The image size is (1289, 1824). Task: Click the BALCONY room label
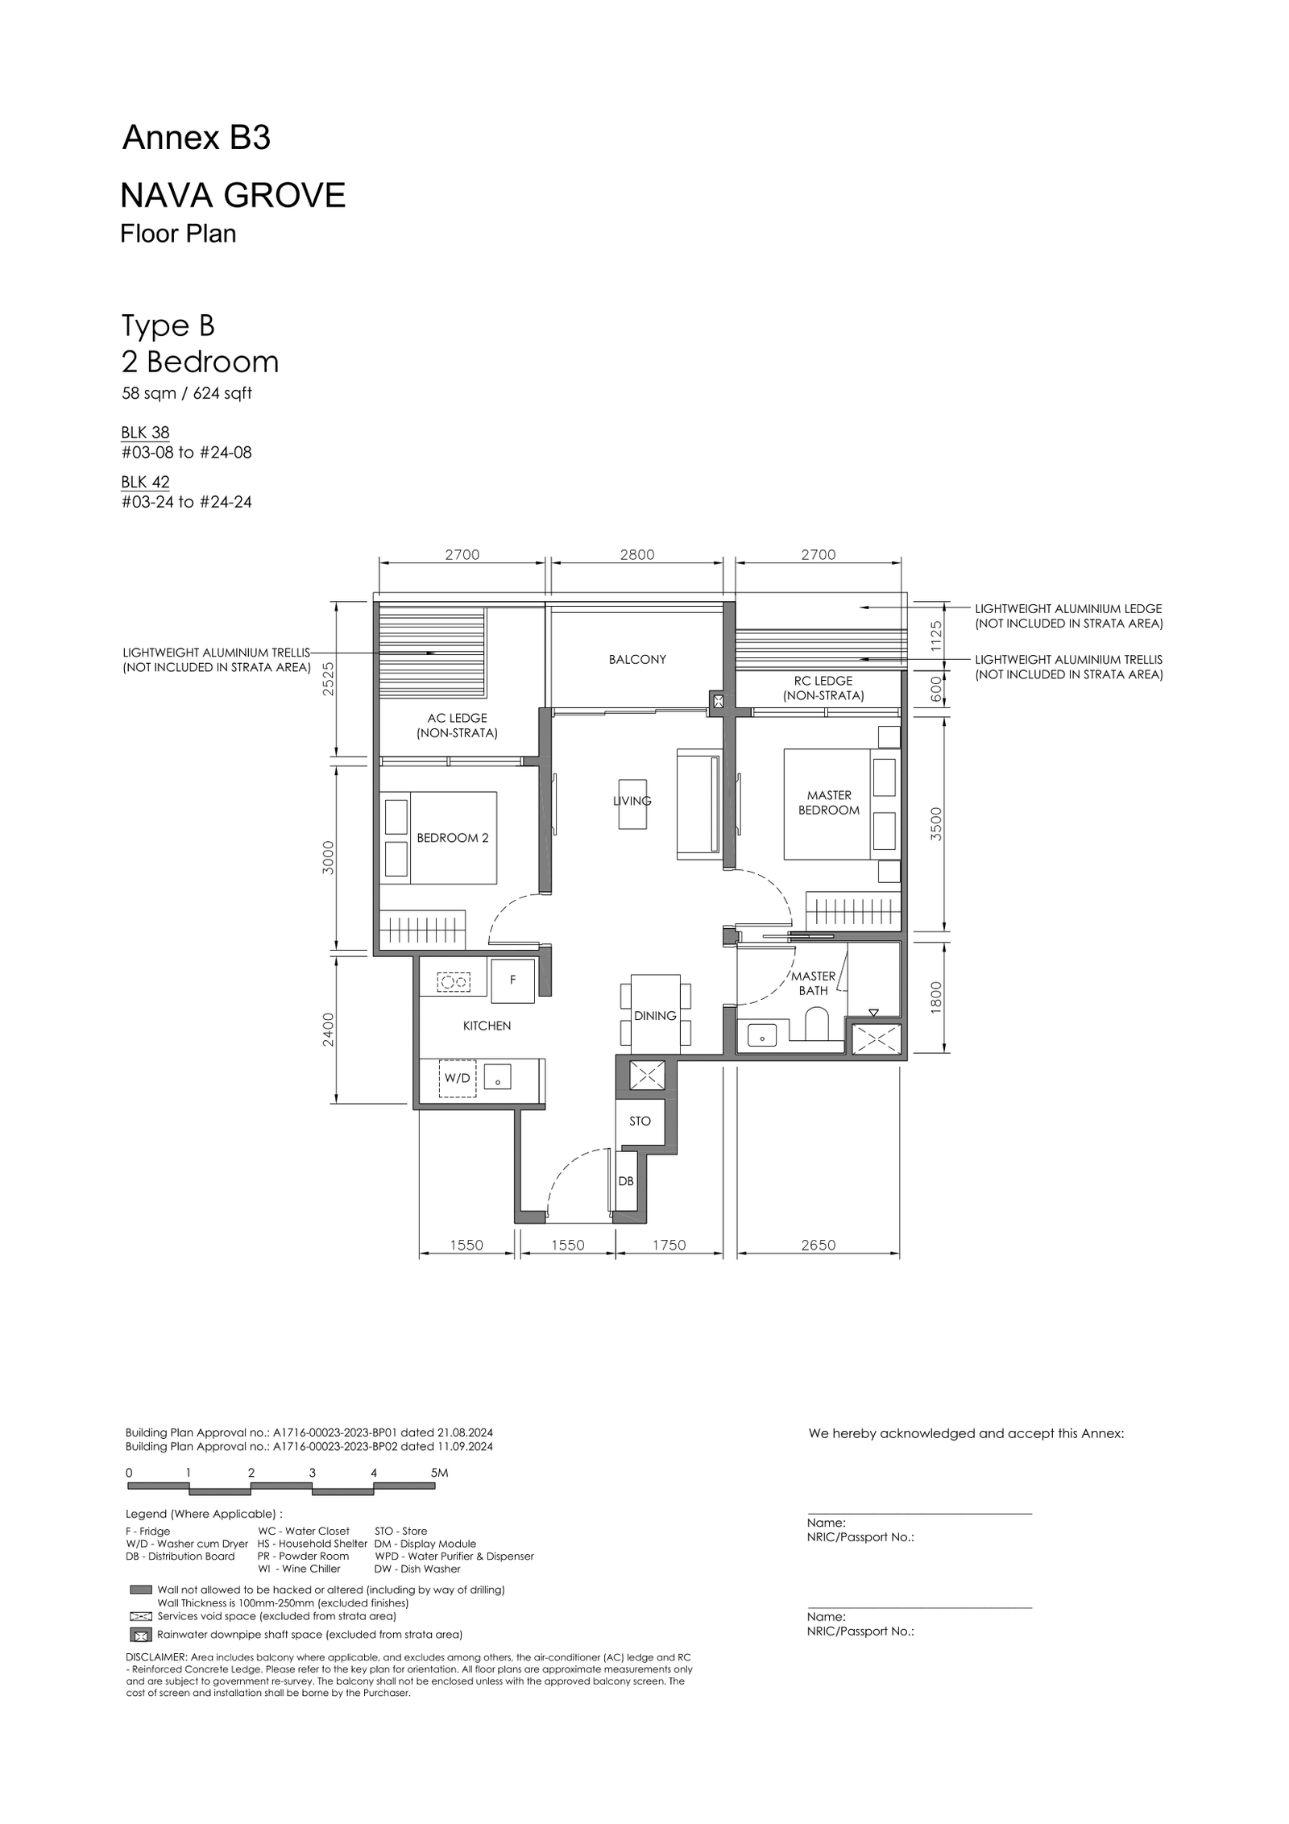pos(637,659)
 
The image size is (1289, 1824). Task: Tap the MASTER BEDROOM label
pos(829,802)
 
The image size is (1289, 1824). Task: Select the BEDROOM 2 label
pos(453,838)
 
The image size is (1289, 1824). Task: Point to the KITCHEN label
pos(487,1026)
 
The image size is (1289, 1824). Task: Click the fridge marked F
pos(513,980)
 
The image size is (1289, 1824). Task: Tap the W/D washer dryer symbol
pos(457,1078)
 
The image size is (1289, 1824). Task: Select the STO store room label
pos(640,1121)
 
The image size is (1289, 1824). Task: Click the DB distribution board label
pos(626,1181)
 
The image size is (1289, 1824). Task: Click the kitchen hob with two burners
pos(454,982)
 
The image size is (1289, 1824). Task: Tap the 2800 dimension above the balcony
pos(637,554)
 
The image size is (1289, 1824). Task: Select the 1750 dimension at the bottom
pos(669,1245)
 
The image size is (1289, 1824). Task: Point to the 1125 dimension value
pos(936,636)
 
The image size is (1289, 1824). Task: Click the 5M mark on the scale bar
pos(439,1473)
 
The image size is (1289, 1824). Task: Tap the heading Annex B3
pos(196,139)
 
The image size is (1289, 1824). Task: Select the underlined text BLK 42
pos(145,482)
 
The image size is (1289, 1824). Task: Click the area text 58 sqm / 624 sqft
pos(186,393)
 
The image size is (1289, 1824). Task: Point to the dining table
pos(655,1014)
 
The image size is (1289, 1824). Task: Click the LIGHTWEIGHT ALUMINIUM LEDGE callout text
pos(1068,616)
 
